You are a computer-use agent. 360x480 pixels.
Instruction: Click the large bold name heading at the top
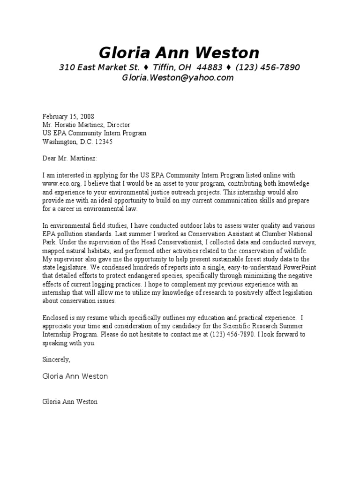pyautogui.click(x=179, y=52)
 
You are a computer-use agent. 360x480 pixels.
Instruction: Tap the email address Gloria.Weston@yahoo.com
pyautogui.click(x=178, y=78)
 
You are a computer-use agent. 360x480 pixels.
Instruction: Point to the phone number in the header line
pyautogui.click(x=268, y=67)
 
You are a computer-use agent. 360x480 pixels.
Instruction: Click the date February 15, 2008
pyautogui.click(x=68, y=117)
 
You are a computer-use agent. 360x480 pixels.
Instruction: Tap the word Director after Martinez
pyautogui.click(x=118, y=125)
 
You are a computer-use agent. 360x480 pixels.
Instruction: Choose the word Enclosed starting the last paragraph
pyautogui.click(x=56, y=318)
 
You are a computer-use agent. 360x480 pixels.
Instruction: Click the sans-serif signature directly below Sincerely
pyautogui.click(x=75, y=376)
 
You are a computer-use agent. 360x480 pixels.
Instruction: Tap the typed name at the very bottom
pyautogui.click(x=70, y=402)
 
